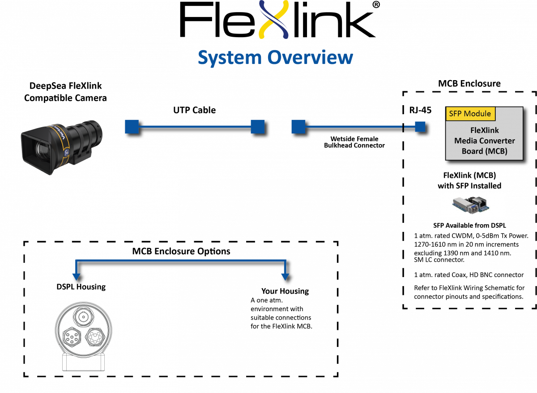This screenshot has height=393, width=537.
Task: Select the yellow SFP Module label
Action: [470, 114]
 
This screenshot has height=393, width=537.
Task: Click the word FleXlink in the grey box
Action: [484, 131]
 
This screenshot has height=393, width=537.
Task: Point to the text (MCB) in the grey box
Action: [497, 151]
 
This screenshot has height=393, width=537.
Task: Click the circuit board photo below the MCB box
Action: [473, 205]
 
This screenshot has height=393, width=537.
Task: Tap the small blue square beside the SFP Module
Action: [420, 127]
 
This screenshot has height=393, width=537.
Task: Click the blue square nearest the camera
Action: [132, 127]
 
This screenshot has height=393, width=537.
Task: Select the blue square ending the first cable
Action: [257, 127]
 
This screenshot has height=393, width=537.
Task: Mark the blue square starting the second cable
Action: [298, 127]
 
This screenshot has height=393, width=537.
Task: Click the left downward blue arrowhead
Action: [76, 277]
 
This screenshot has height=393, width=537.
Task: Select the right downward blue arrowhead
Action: [285, 277]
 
